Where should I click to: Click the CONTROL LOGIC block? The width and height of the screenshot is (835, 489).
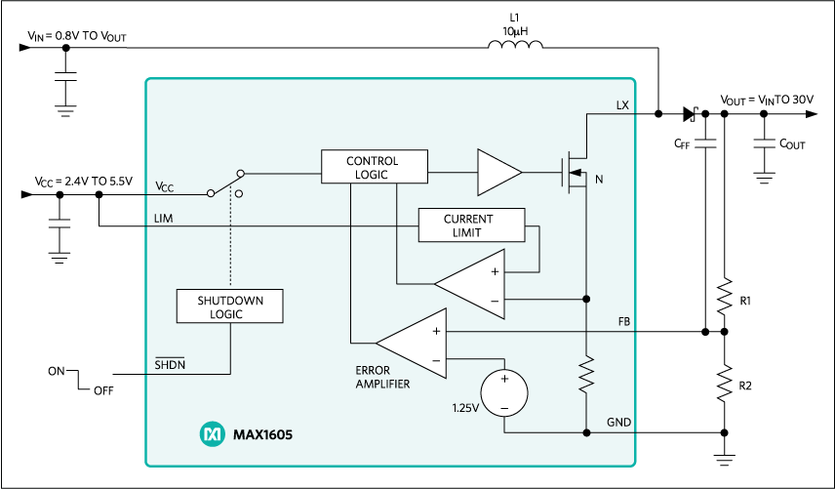(x=374, y=167)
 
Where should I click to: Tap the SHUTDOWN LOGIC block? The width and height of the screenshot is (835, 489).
(x=230, y=306)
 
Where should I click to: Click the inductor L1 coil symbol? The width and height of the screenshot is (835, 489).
(x=514, y=45)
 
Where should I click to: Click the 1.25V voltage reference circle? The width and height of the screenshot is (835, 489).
(x=504, y=392)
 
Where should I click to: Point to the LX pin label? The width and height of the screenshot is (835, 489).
(x=623, y=104)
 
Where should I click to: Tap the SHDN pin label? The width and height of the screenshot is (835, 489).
(x=170, y=364)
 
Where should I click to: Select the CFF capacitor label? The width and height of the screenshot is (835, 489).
(x=683, y=143)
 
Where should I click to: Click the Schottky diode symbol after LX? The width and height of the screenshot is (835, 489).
(x=690, y=114)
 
